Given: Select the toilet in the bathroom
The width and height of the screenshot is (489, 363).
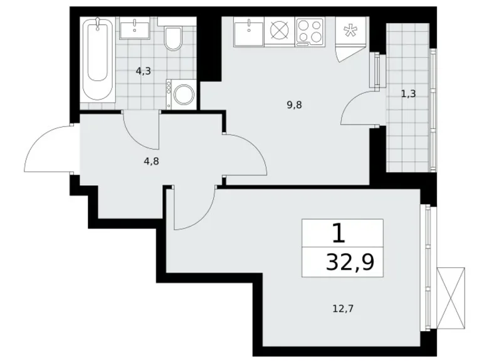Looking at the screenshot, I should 172,37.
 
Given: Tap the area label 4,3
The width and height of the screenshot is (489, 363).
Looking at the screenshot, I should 143,71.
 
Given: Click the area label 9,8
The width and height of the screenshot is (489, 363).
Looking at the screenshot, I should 295,105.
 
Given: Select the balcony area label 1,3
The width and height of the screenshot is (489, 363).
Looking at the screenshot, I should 408,94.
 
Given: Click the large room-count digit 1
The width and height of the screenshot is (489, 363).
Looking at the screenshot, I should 338,234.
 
